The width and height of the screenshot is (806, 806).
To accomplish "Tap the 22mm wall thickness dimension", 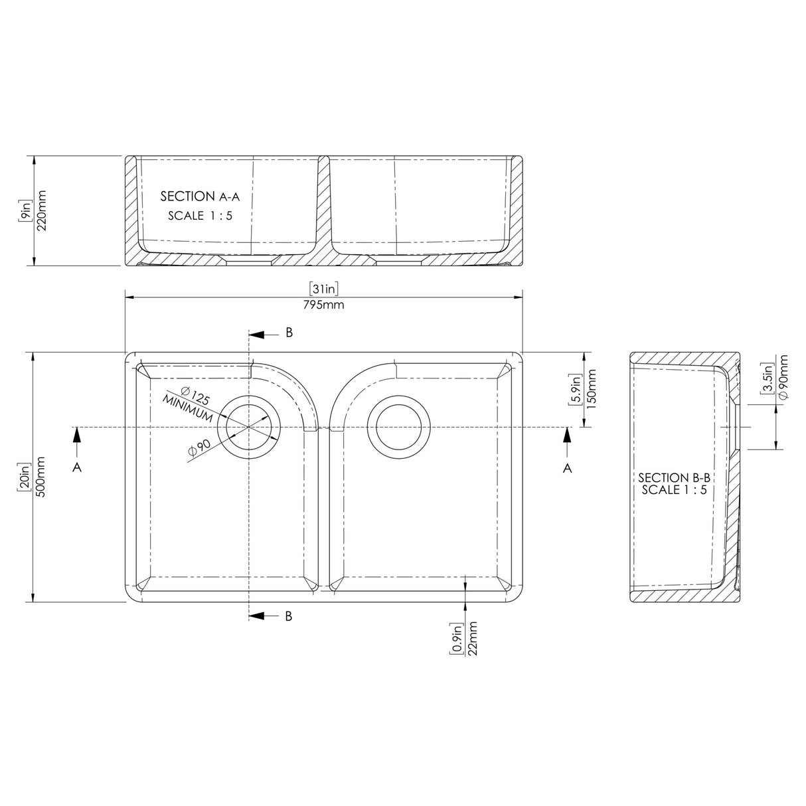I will [x=473, y=638].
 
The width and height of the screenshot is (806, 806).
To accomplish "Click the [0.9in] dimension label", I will [x=457, y=638].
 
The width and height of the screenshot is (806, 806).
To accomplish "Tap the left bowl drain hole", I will [x=249, y=428].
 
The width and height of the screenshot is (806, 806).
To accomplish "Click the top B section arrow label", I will [x=289, y=333].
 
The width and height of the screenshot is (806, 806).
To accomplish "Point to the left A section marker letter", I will [x=78, y=467].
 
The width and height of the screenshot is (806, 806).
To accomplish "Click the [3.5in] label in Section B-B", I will [x=768, y=380].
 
